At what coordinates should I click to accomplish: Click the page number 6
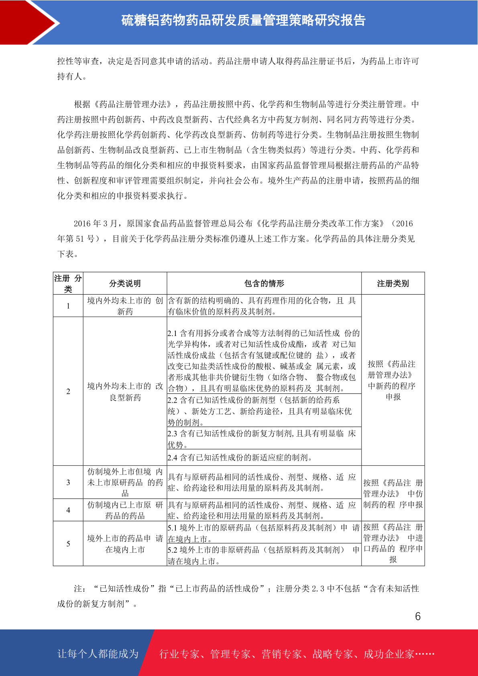(x=417, y=617)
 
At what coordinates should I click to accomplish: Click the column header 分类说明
(x=125, y=283)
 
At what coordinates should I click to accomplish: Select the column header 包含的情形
(x=264, y=283)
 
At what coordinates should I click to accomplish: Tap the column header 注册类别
(x=393, y=283)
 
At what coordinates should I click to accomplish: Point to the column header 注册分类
(x=68, y=283)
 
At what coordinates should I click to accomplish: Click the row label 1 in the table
(x=68, y=306)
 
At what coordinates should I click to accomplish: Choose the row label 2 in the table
(x=68, y=391)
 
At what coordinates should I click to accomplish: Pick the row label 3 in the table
(x=68, y=482)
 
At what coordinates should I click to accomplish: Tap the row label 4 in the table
(x=68, y=510)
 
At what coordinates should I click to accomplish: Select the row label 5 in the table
(x=68, y=544)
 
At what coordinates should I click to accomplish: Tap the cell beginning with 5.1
(x=264, y=533)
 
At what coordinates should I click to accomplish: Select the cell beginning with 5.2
(x=264, y=555)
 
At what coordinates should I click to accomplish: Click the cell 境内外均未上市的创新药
(x=125, y=306)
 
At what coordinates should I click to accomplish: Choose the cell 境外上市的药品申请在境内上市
(x=125, y=544)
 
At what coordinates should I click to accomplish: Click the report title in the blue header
(x=244, y=20)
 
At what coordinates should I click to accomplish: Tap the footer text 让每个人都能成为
(x=98, y=654)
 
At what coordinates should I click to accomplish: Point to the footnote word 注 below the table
(x=78, y=589)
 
